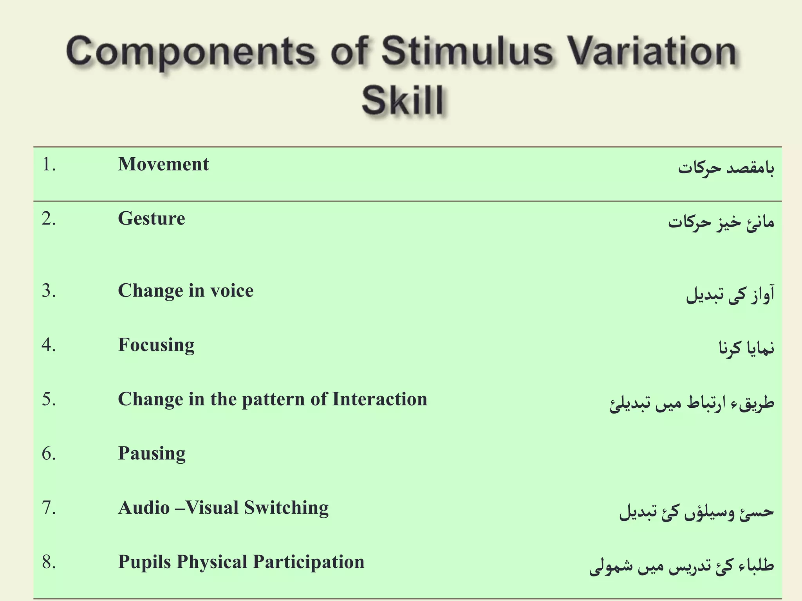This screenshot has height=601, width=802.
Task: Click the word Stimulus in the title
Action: click(467, 52)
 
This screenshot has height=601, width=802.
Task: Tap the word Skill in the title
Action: click(403, 101)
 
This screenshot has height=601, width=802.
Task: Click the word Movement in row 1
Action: click(163, 164)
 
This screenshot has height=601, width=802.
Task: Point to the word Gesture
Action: click(152, 219)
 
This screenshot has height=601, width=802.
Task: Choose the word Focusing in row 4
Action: click(156, 345)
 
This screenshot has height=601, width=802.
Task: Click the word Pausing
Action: click(152, 454)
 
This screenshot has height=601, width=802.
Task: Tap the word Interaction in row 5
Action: click(379, 399)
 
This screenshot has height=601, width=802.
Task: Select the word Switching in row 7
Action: click(286, 508)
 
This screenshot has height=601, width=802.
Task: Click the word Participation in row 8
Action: click(309, 562)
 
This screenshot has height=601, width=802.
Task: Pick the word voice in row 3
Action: click(232, 291)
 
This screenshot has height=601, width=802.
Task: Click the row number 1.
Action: click(49, 165)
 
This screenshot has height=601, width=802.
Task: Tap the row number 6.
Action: click(49, 454)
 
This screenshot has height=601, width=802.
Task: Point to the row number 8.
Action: click(49, 562)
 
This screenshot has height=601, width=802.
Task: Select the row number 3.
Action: click(49, 291)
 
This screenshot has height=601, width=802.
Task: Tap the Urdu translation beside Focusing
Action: click(746, 348)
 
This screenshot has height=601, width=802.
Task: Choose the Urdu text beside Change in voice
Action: click(730, 295)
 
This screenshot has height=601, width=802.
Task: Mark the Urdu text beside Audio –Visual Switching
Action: click(696, 512)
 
